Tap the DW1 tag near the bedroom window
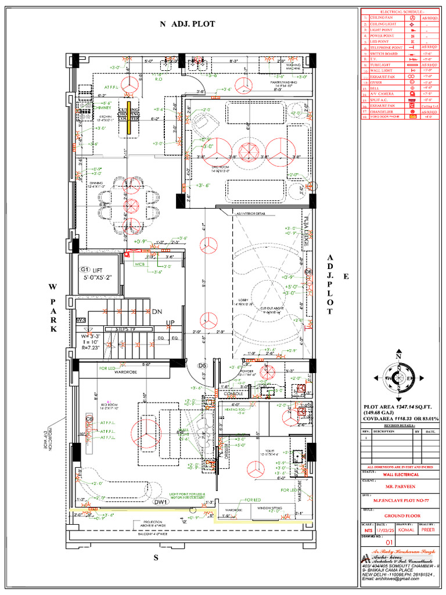click(160, 502)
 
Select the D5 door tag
click(203, 365)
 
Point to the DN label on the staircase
click(157, 312)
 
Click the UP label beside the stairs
click(171, 323)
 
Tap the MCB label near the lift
click(139, 264)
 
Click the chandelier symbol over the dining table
click(130, 205)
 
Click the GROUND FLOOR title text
click(398, 515)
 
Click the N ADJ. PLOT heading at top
click(188, 24)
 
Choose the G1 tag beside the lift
click(85, 270)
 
